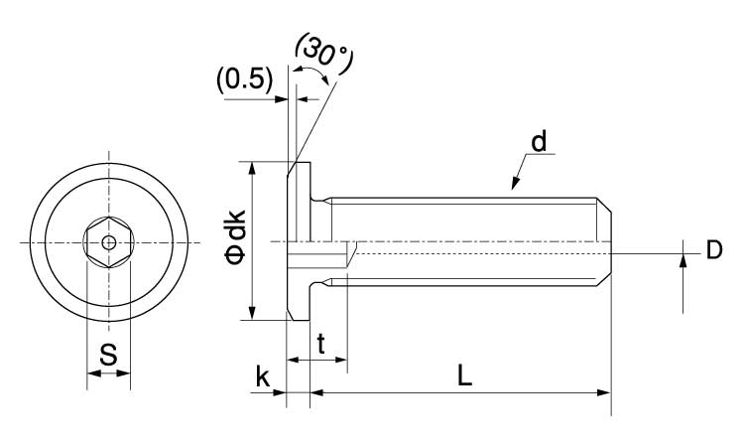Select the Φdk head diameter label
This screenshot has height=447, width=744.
238,241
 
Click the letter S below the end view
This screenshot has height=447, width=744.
109,353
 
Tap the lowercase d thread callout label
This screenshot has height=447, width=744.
539,141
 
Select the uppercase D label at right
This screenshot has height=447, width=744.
713,250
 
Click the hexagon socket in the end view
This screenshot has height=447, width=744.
108,241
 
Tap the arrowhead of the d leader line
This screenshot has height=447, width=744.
514,184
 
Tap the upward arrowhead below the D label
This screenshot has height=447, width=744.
683,261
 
